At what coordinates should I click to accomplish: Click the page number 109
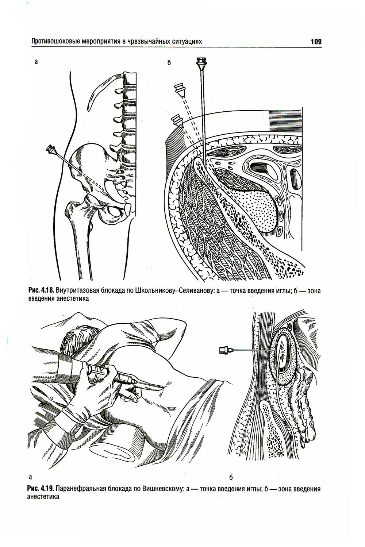click(x=316, y=42)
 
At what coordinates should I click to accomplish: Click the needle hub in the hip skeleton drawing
click(x=51, y=149)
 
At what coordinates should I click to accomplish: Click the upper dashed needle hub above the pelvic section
click(x=180, y=90)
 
